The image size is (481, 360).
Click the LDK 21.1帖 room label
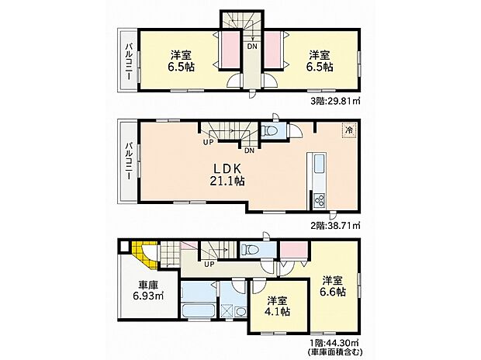[x=227, y=175]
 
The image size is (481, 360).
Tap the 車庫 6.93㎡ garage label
[x=148, y=291]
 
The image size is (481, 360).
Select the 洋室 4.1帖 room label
[x=277, y=306]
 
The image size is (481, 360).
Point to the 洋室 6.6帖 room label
[x=333, y=286]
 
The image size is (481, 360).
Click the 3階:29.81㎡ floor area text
[x=335, y=102]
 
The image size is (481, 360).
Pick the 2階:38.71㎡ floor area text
[x=335, y=226]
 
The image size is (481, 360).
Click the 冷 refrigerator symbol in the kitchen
[x=349, y=130]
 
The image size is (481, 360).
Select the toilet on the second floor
[x=269, y=131]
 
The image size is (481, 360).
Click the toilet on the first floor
[x=250, y=250]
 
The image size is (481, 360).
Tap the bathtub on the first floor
[x=198, y=310]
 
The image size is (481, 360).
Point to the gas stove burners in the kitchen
[x=320, y=199]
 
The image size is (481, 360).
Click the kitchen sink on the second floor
[x=320, y=161]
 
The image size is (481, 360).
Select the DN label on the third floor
[x=252, y=47]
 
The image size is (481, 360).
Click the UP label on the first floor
[x=209, y=263]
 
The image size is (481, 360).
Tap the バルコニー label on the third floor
[x=129, y=62]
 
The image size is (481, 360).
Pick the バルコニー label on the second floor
[x=129, y=161]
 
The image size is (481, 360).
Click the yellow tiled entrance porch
[x=146, y=255]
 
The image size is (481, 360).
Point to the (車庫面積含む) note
[x=335, y=351]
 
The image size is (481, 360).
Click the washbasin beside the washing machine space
[x=241, y=312]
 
